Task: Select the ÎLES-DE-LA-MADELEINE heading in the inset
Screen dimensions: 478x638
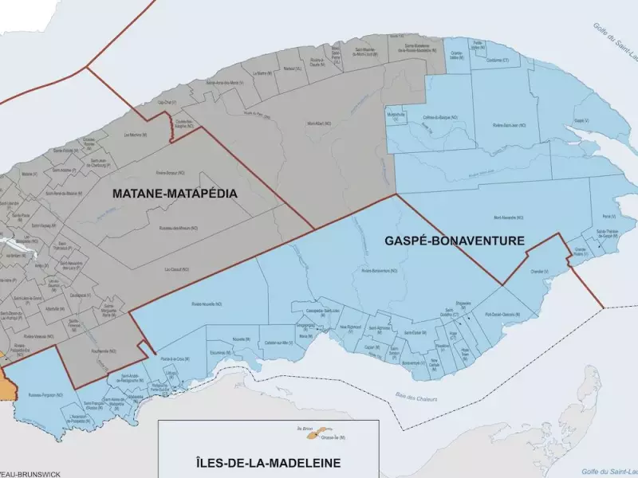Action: click(268, 463)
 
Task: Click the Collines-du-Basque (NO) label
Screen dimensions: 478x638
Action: click(440, 117)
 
